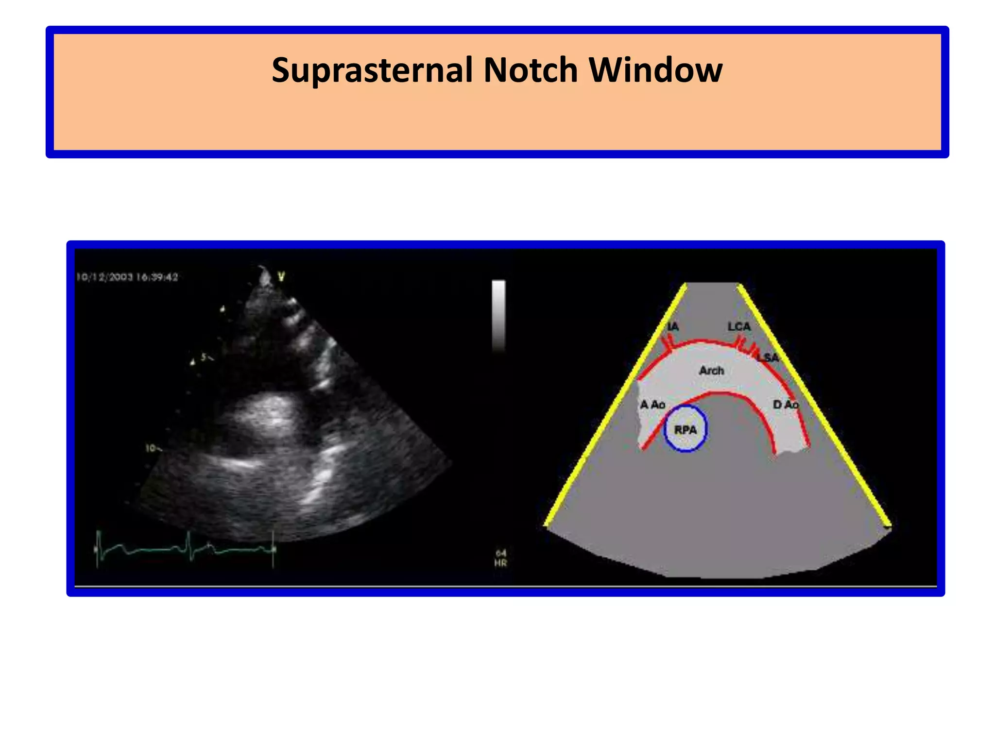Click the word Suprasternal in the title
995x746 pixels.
coord(372,70)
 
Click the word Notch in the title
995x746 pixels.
coord(531,70)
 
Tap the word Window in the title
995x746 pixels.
coord(655,70)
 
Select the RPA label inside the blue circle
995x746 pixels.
coord(685,430)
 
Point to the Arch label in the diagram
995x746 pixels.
coord(711,371)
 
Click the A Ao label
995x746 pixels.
coord(652,405)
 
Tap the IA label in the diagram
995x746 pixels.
coord(673,327)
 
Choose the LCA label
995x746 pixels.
coord(739,326)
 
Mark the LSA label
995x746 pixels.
coord(768,358)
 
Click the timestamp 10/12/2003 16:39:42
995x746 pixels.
coord(127,277)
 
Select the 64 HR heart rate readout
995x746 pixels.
coord(501,558)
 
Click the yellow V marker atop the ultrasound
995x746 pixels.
coord(281,277)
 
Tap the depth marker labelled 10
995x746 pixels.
coord(151,448)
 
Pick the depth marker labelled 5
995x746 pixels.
coord(205,357)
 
